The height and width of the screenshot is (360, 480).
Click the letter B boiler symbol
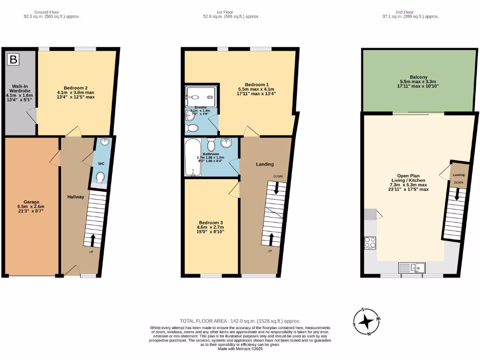pyautogui.click(x=14, y=60)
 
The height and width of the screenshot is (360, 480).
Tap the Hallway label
pyautogui.click(x=75, y=197)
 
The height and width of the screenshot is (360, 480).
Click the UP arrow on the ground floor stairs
pyautogui.click(x=92, y=240)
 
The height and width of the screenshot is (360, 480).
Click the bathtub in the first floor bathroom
pyautogui.click(x=192, y=157)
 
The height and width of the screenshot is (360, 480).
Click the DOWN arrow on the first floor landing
pyautogui.click(x=277, y=187)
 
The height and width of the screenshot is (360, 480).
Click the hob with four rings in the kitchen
pyautogui.click(x=370, y=243)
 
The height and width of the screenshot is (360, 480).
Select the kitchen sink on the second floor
pyautogui.click(x=412, y=268)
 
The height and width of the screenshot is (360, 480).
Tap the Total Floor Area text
pyautogui.click(x=240, y=321)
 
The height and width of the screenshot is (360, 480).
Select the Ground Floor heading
pyautogui.click(x=52, y=12)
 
